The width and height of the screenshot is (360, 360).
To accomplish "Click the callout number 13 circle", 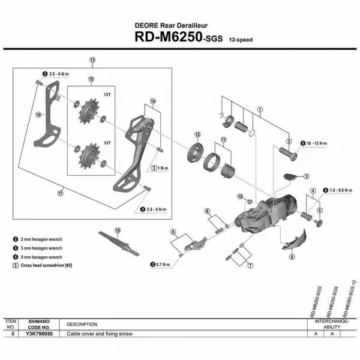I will point(92,61).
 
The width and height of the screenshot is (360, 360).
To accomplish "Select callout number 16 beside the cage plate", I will point(37,115).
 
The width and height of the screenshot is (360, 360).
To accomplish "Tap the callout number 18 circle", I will point(118,230).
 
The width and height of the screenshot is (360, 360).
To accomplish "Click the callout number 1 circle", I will point(260,110).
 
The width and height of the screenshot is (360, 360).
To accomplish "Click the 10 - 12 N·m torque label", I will point(317,143).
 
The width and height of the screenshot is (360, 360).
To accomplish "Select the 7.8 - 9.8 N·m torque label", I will point(340,189).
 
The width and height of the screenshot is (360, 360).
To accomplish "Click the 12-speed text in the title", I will point(241,40).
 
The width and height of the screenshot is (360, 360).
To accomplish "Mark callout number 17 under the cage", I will point(60,194).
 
